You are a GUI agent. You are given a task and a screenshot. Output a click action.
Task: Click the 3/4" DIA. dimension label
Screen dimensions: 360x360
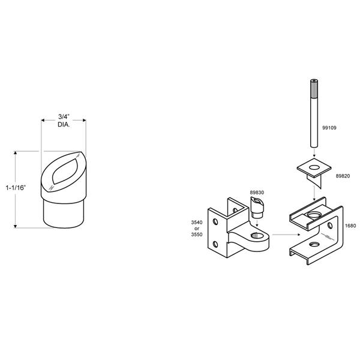click(64, 121)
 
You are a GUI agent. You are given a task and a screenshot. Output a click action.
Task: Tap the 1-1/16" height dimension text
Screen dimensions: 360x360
click(16, 188)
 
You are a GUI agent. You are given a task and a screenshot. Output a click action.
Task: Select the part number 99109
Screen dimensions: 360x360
click(329, 128)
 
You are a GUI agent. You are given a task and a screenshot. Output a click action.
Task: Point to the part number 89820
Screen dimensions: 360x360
click(343, 176)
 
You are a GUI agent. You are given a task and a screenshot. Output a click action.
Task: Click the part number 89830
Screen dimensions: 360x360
click(257, 193)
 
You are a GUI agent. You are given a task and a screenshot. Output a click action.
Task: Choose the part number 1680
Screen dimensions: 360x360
click(350, 226)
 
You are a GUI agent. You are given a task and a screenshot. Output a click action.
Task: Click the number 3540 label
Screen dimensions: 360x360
click(197, 222)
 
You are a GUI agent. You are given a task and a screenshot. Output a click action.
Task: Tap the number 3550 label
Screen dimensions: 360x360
click(197, 235)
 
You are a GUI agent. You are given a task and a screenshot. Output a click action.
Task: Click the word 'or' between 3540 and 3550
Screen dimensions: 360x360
click(197, 229)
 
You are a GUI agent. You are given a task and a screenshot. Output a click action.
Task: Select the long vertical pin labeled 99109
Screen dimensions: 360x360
click(314, 113)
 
